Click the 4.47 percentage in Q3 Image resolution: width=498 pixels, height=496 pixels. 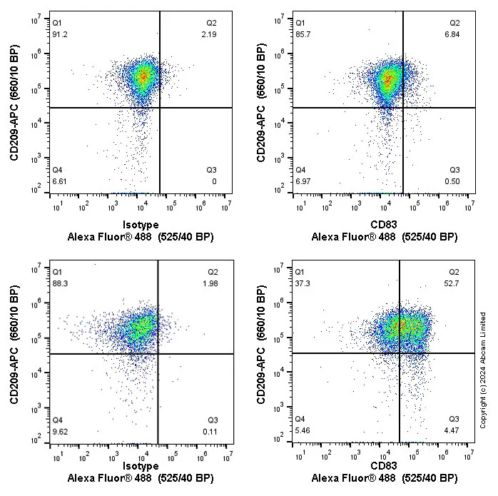point(454,431)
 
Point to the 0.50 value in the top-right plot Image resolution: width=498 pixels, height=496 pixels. point(454,181)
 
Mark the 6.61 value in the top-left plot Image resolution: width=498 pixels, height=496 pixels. point(62,182)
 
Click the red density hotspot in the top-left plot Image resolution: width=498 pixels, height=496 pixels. point(143,76)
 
